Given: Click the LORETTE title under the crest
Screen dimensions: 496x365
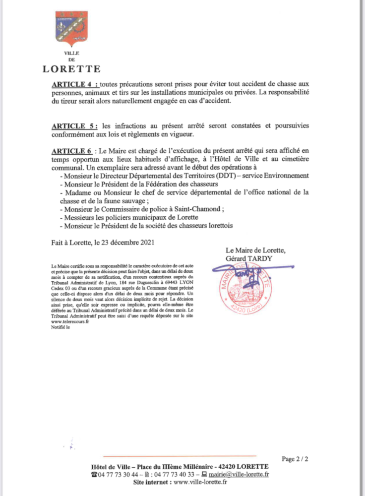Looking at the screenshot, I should tap(71, 69).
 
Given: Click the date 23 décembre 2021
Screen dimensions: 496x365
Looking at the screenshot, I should tap(126, 242).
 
